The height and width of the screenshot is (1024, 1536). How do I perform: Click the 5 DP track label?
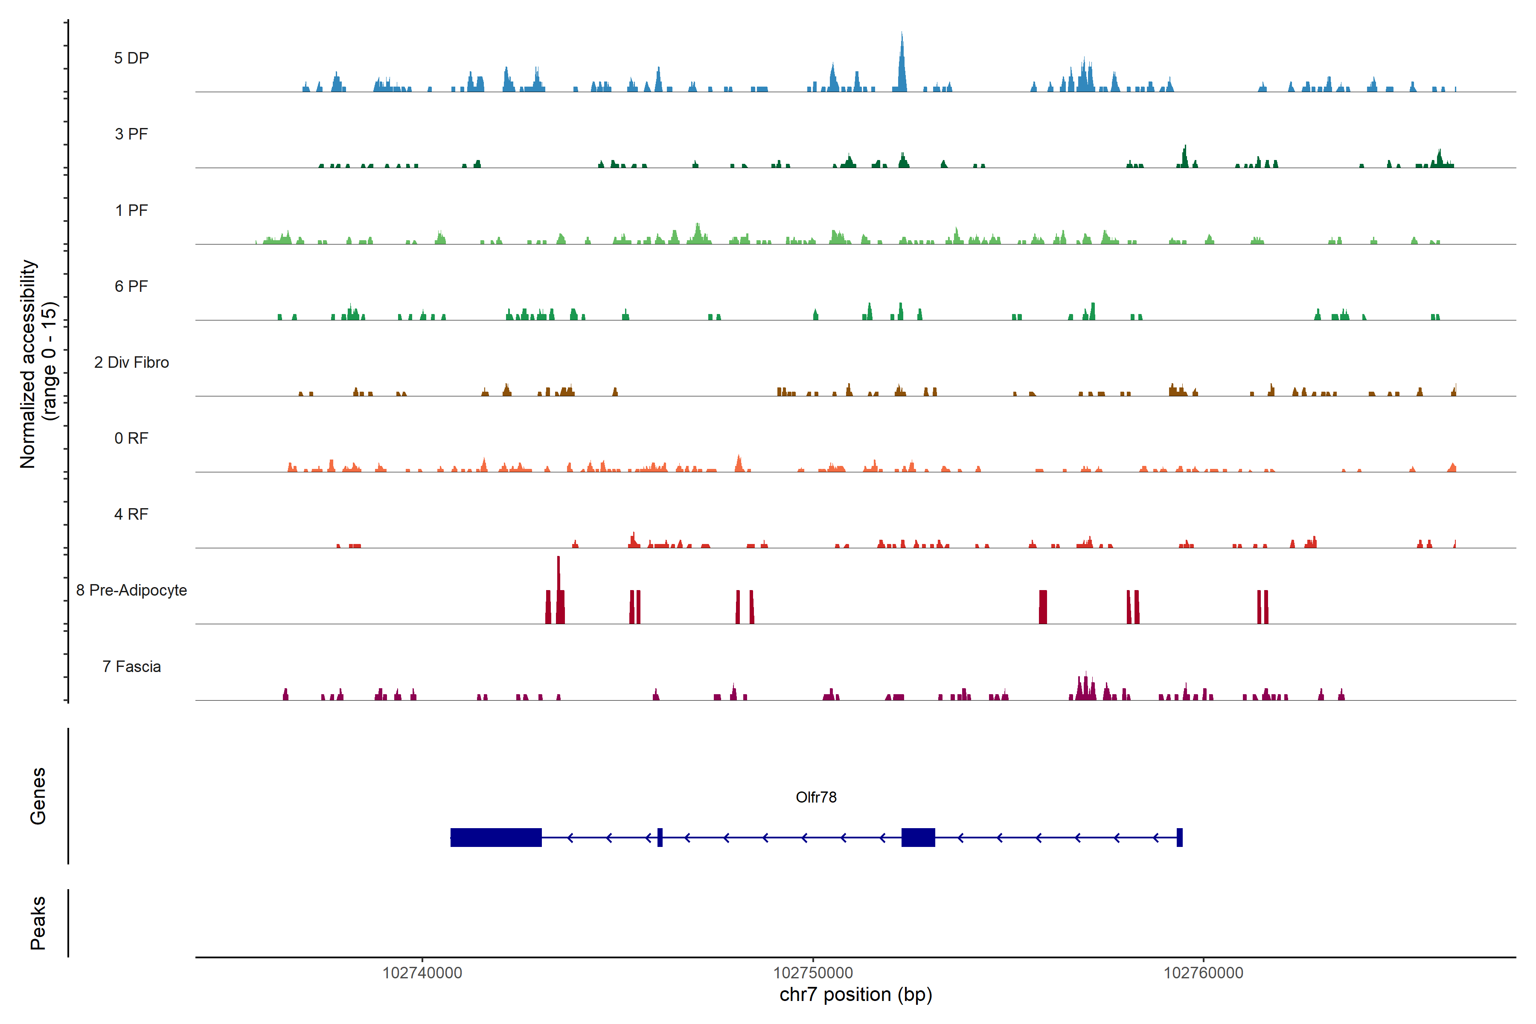[131, 58]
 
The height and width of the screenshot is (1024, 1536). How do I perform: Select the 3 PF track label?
[131, 134]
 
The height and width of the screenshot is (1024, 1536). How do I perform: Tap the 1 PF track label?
[131, 210]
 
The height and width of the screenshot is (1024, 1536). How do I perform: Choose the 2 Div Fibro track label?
[131, 362]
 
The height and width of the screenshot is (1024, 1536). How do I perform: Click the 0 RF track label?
[131, 438]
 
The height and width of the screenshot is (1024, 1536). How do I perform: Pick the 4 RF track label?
[131, 514]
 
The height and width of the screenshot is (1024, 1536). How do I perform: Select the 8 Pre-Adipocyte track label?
[131, 591]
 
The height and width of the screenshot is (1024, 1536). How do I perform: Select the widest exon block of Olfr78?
[496, 837]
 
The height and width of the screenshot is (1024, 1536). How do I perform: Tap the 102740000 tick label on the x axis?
[422, 973]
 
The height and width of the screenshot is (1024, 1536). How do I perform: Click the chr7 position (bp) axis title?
[855, 995]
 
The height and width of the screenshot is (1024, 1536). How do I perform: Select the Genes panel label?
[38, 796]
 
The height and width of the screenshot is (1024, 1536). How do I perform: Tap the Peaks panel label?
[38, 923]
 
